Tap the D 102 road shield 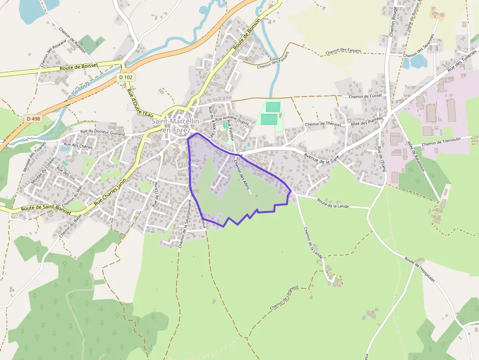pos(126,77)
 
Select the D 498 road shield pos(33,118)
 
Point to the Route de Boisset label pos(79,66)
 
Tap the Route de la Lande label pos(333,203)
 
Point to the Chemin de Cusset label pos(365,96)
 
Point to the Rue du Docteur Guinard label pos(103,133)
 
